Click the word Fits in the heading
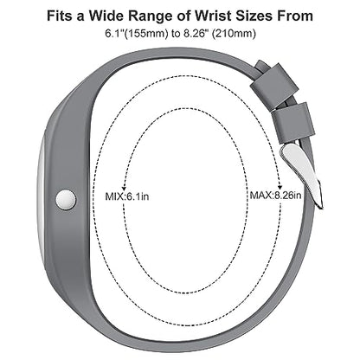click(x=60, y=16)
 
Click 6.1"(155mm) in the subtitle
click(x=137, y=34)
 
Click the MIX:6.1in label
click(x=127, y=196)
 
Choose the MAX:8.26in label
click(x=275, y=196)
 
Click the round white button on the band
click(x=66, y=199)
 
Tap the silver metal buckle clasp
click(x=301, y=175)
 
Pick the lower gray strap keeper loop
click(x=293, y=122)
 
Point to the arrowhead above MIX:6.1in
click(x=124, y=187)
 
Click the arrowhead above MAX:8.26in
click(x=280, y=185)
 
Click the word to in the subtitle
click(x=176, y=34)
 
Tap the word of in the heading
click(x=183, y=16)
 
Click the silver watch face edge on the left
click(x=41, y=196)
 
